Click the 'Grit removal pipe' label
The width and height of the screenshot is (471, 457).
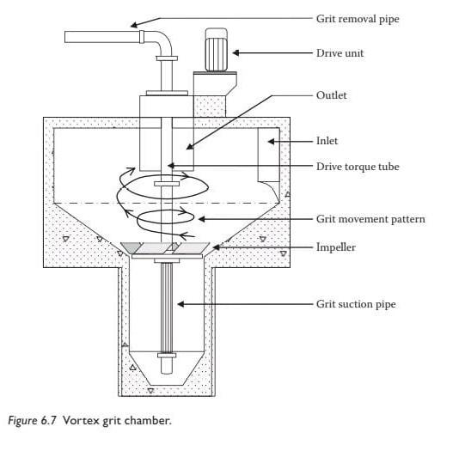tap(358, 18)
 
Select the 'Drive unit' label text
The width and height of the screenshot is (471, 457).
tap(340, 53)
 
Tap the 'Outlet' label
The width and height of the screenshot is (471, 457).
tap(332, 95)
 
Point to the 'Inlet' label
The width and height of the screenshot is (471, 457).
tap(329, 139)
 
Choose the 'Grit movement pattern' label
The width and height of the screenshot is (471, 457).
tap(370, 219)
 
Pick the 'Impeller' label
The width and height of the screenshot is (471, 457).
tap(338, 247)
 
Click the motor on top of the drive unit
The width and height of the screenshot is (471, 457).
tap(215, 52)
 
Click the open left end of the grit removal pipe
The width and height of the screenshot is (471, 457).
tap(68, 36)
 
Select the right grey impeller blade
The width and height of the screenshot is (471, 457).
tap(193, 247)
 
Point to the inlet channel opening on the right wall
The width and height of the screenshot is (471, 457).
tap(270, 163)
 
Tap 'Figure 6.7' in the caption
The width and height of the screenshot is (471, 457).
tap(29, 420)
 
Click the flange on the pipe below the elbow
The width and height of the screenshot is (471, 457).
tap(167, 58)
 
